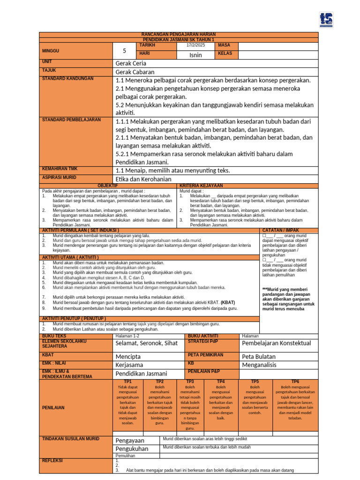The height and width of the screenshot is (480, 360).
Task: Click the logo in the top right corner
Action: click(339, 20)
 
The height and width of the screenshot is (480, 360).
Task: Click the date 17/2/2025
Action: click(195, 45)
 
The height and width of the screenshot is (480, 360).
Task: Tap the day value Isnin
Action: click(195, 55)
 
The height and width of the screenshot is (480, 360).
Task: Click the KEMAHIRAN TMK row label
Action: click(60, 167)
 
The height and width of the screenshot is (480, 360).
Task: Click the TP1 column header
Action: click(127, 382)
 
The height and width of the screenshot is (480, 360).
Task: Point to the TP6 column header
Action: click(295, 382)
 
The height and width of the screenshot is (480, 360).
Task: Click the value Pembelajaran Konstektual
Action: click(276, 344)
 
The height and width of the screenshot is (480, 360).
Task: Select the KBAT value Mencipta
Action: click(128, 357)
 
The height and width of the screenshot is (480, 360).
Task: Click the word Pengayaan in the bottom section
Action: click(130, 440)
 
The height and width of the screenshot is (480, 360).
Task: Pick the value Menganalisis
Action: click(259, 365)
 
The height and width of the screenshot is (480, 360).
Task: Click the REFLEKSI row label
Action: click(52, 460)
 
